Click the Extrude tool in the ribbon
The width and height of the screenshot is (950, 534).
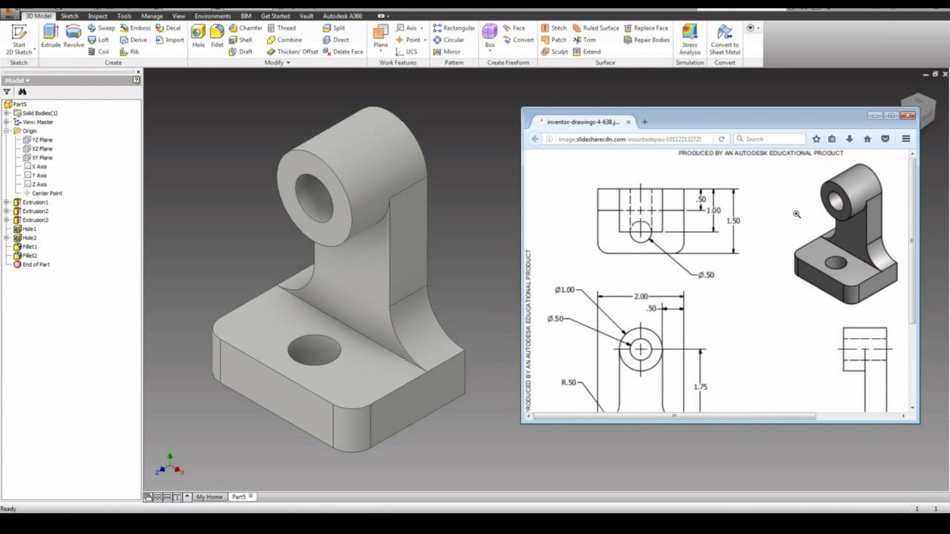pyautogui.click(x=50, y=35)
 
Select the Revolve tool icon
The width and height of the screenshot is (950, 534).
pyautogui.click(x=73, y=35)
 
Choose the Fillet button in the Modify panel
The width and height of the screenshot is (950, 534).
pyautogui.click(x=217, y=35)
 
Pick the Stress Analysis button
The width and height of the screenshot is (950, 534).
pyautogui.click(x=689, y=39)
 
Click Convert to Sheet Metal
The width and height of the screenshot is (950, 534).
pyautogui.click(x=724, y=39)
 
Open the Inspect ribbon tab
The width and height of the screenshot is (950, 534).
pyautogui.click(x=97, y=16)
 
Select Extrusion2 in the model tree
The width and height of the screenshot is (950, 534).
pyautogui.click(x=35, y=211)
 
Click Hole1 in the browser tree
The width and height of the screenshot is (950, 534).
pyautogui.click(x=29, y=229)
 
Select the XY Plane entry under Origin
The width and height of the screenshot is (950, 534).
pyautogui.click(x=42, y=158)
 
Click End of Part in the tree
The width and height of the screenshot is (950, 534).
pyautogui.click(x=36, y=265)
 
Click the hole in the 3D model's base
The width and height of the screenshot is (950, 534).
pyautogui.click(x=314, y=349)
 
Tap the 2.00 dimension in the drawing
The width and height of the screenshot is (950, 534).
pyautogui.click(x=641, y=297)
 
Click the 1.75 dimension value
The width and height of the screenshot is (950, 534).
pyautogui.click(x=700, y=387)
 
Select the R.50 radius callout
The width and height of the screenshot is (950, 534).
pyautogui.click(x=569, y=383)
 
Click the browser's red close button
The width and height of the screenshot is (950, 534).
pyautogui.click(x=908, y=116)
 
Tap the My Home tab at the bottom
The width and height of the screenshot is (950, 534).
pyautogui.click(x=209, y=497)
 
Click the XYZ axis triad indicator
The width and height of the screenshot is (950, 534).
pyautogui.click(x=170, y=465)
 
